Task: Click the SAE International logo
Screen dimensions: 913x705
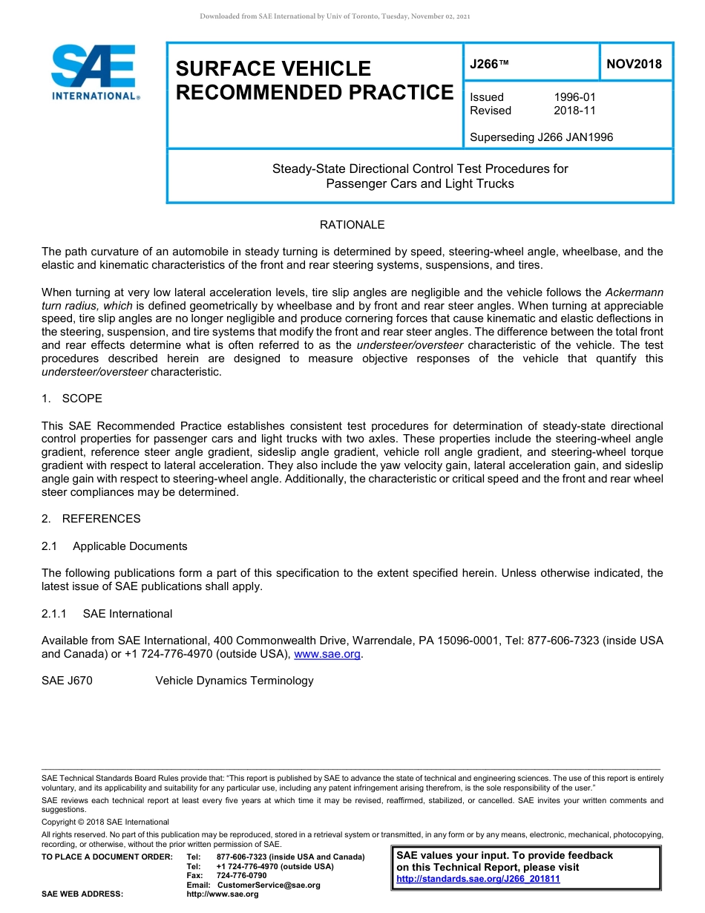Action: pos(94,72)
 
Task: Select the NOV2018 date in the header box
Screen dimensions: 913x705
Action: pos(634,64)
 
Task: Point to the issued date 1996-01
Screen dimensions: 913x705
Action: pos(574,97)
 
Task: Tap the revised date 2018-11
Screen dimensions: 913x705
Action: pos(574,111)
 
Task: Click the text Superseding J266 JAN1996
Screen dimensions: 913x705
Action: pos(541,137)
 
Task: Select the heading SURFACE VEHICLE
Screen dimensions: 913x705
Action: pos(272,69)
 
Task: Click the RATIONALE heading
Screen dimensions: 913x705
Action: pos(352,225)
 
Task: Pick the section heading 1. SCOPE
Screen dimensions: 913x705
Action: pos(72,399)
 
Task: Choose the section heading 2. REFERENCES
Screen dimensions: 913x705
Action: pos(91,519)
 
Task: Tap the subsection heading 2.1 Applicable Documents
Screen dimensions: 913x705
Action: pos(114,546)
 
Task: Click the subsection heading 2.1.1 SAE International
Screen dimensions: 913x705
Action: pos(107,614)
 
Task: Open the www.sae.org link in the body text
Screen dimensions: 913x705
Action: pos(327,655)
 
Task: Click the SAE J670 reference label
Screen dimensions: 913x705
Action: pos(67,681)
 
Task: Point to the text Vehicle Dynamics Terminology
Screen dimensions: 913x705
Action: pos(234,681)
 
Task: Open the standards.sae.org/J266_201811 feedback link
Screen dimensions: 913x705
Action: pos(478,879)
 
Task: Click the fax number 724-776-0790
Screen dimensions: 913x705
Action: pos(241,876)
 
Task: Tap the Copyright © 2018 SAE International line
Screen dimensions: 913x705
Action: pos(105,822)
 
